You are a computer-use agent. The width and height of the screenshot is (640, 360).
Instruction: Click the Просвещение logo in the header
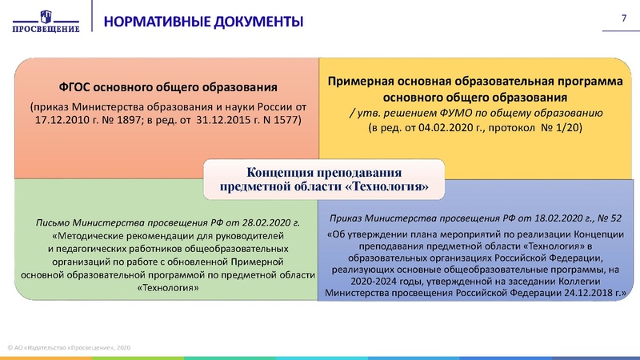pyautogui.click(x=46, y=19)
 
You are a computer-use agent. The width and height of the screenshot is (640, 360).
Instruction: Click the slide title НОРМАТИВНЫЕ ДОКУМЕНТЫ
pyautogui.click(x=203, y=20)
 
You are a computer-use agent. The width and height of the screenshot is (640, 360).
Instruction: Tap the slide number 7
pyautogui.click(x=623, y=18)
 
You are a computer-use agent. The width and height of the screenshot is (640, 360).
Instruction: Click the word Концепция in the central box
pyautogui.click(x=282, y=173)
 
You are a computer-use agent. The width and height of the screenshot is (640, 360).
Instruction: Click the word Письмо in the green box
pyautogui.click(x=53, y=223)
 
